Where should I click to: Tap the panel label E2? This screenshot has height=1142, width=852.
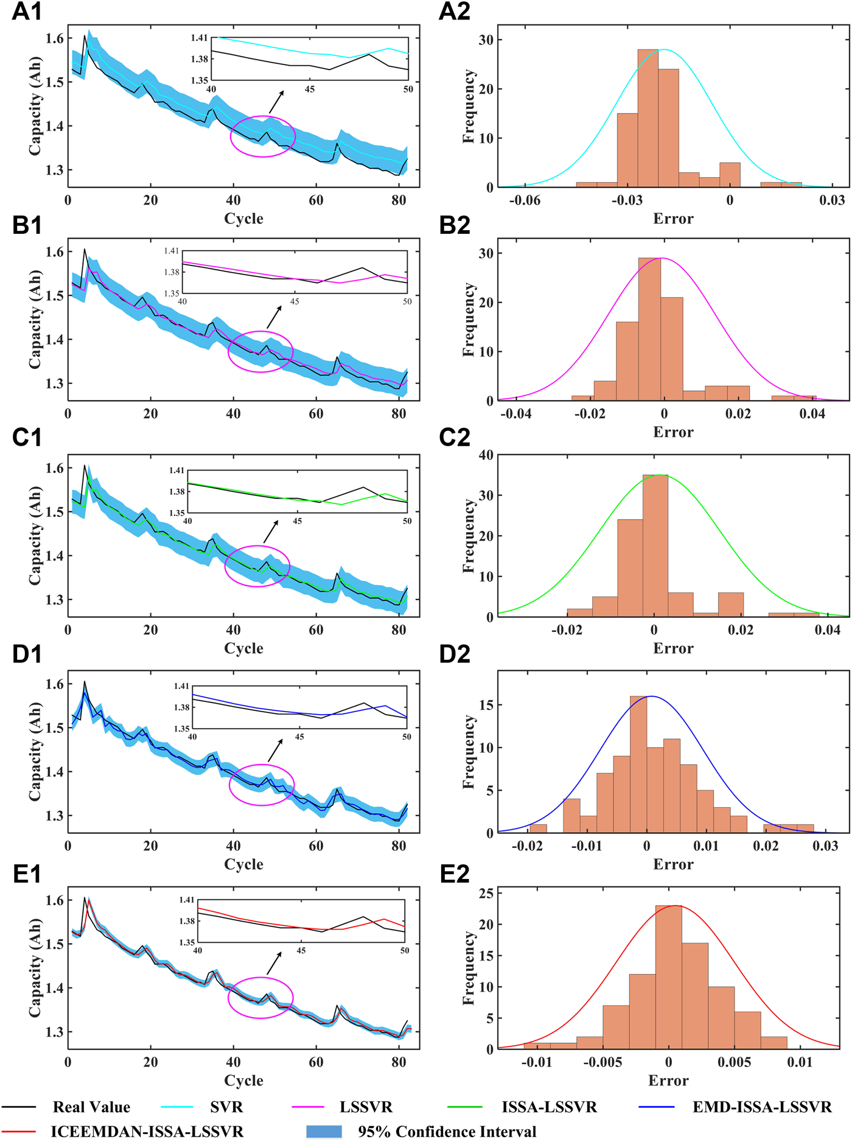(454, 874)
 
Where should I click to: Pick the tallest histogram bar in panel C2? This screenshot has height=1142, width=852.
(655, 545)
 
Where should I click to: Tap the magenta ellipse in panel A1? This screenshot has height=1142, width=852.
(263, 136)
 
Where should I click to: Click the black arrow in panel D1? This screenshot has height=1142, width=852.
(275, 751)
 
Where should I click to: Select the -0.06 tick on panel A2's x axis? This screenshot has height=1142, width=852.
(524, 200)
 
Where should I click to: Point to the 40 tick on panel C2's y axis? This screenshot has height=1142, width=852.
(486, 455)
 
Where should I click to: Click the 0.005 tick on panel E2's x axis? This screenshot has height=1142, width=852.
(734, 1062)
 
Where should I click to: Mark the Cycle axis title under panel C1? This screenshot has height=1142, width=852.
(243, 648)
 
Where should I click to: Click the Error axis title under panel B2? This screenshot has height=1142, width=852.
(673, 432)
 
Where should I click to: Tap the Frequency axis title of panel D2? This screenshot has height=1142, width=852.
(468, 752)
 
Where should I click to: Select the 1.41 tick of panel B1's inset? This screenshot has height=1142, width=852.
(172, 251)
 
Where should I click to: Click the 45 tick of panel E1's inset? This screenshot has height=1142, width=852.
(301, 950)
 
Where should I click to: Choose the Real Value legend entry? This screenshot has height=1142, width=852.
(91, 1107)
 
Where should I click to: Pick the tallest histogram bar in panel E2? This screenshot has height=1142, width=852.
(668, 977)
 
